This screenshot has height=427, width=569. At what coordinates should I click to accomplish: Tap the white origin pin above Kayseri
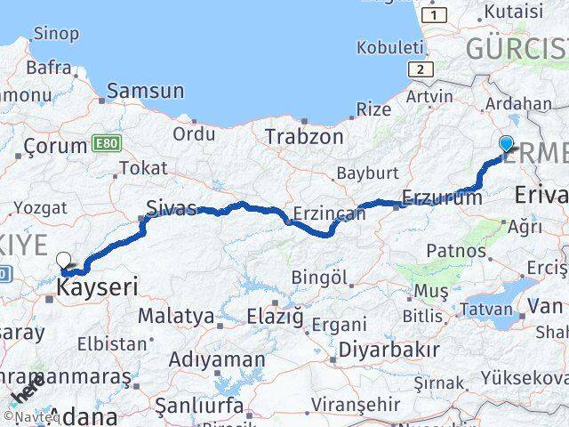[x=64, y=260]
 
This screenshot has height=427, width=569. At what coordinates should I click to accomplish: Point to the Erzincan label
[x=329, y=214]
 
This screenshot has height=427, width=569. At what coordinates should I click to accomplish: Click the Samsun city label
[x=146, y=91]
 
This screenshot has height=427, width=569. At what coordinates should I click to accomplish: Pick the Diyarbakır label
[x=389, y=349]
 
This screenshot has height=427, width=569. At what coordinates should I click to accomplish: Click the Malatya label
[x=175, y=316]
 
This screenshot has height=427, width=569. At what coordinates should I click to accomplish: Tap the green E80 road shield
[x=104, y=144]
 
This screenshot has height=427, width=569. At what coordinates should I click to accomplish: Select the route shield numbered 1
[x=435, y=15]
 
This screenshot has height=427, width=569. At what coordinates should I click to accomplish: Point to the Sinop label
[x=55, y=34]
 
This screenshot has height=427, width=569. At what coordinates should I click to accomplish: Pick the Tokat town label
[x=142, y=167]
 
